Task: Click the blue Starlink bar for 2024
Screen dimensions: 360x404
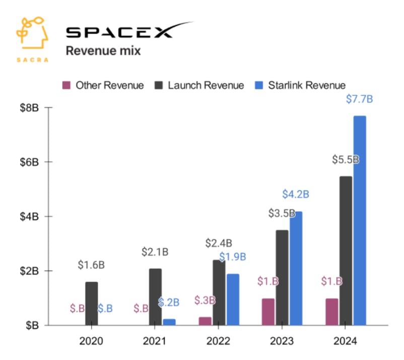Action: tap(359, 220)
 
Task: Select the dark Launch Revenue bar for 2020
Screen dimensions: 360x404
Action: tap(91, 304)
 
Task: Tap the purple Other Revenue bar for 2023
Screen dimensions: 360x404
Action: tap(268, 312)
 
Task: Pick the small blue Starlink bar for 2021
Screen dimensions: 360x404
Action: tap(169, 322)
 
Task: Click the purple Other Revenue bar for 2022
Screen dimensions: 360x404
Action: tap(205, 321)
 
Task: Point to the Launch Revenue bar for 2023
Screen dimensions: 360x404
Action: tap(282, 277)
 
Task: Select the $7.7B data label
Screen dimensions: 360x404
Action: tap(359, 99)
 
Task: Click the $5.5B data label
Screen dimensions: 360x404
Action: tap(346, 160)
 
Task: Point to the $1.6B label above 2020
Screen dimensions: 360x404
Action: tap(91, 265)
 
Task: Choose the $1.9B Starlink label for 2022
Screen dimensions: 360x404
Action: tap(232, 256)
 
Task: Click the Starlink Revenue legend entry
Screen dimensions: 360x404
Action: tap(308, 85)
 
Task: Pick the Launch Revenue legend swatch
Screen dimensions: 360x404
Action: tap(160, 85)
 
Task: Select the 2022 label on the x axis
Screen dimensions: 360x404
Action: tap(219, 341)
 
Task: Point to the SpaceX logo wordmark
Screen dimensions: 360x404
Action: tap(128, 31)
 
